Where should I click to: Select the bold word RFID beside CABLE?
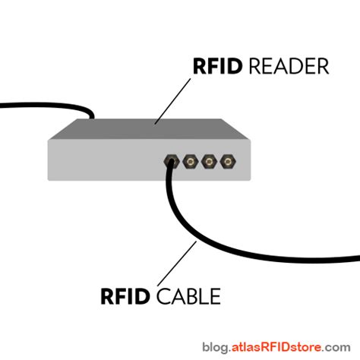coord(127,295)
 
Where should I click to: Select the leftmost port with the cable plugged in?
coord(171,162)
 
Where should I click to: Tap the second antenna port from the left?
coord(189,162)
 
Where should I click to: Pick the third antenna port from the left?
coord(207,162)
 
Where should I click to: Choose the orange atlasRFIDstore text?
coord(280,349)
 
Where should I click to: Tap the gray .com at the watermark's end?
coord(341,349)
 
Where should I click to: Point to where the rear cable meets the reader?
coord(90,116)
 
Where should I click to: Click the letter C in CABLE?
coord(163,295)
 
